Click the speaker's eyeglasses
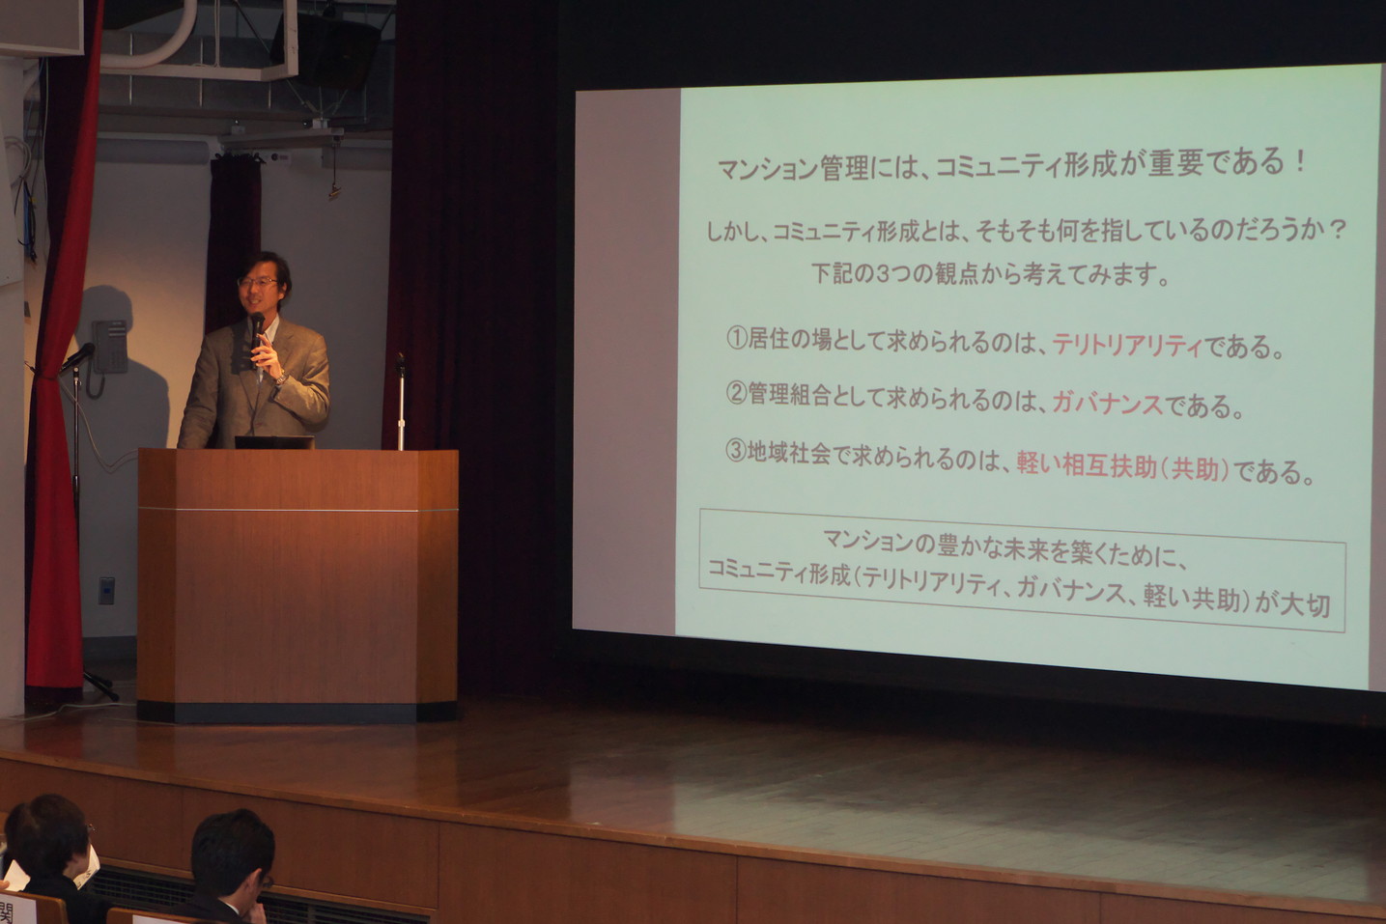[x=257, y=282]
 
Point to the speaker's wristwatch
[x=282, y=377]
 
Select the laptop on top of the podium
[x=274, y=441]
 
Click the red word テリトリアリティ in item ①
[x=1127, y=345]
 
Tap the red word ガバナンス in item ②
[x=1108, y=404]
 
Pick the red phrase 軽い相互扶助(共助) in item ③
[x=1123, y=467]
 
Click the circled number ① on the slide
[x=737, y=338]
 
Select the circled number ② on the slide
[x=736, y=394]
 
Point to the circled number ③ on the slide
[x=736, y=452]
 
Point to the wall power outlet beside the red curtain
[x=106, y=590]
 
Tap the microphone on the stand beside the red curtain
[x=77, y=357]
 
